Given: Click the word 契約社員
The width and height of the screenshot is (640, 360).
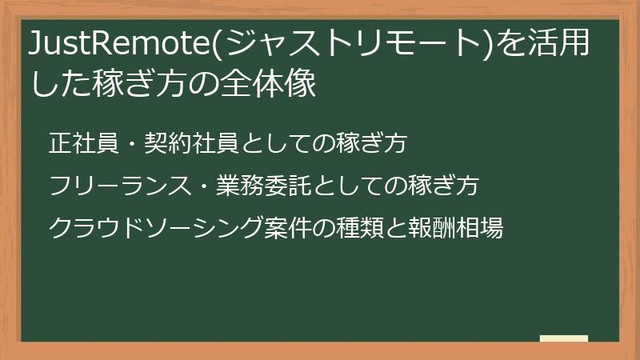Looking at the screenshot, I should [193, 144].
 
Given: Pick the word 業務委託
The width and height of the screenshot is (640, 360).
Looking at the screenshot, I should [264, 186].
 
